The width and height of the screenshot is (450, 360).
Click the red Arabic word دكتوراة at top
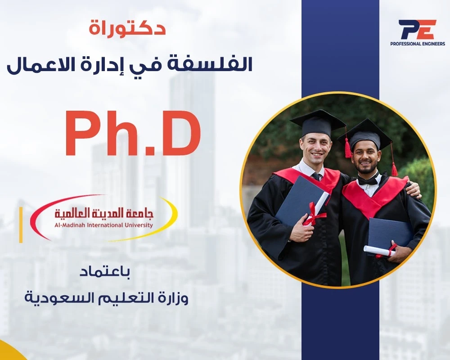coord(127,28)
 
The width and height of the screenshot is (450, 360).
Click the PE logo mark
coord(418,29)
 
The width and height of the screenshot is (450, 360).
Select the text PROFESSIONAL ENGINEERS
coord(418,44)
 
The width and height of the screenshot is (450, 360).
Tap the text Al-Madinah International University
coord(103,225)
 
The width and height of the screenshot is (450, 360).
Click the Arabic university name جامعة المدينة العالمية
coord(104,213)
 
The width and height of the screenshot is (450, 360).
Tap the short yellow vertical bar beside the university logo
coord(21,225)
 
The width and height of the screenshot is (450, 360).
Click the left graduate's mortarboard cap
coord(318,123)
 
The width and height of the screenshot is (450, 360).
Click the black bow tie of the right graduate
coord(368,180)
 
